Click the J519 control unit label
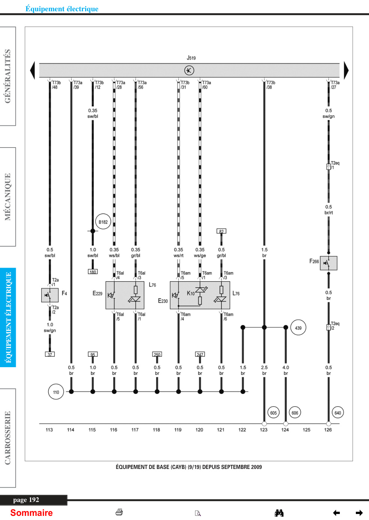tap(191, 58)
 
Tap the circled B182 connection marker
tap(103, 222)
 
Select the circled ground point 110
tap(56, 392)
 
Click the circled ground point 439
tap(298, 328)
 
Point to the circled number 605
tap(273, 413)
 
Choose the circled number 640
tap(338, 413)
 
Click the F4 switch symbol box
tap(50, 295)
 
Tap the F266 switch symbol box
tap(328, 263)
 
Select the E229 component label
tap(98, 294)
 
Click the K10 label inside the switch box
tap(191, 294)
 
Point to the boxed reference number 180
tap(93, 271)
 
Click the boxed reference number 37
tap(50, 354)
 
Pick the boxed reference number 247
tap(200, 354)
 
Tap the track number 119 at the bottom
tap(178, 430)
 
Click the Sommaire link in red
tap(32, 512)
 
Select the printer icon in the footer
tap(119, 512)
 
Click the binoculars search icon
tap(279, 512)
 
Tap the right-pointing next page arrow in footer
tap(359, 512)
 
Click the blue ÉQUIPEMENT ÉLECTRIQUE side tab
tap(8, 317)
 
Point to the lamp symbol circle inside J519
tap(189, 70)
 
